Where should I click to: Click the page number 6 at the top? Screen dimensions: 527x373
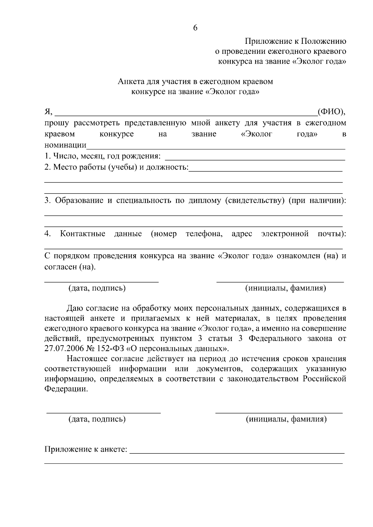(x=195, y=28)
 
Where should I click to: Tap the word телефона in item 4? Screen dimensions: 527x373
(x=204, y=234)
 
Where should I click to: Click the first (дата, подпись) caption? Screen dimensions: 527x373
(x=97, y=288)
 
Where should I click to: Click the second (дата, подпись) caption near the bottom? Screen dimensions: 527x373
(x=97, y=419)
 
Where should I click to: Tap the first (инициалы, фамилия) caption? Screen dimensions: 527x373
(x=286, y=288)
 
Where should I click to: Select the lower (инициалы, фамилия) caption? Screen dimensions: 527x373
(x=286, y=419)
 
